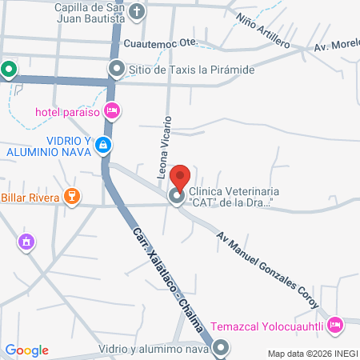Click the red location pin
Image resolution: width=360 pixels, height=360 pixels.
tap(181, 177)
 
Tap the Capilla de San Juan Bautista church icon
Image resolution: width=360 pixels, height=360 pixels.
tap(138, 11)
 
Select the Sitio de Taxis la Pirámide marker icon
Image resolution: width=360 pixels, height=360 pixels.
tap(118, 70)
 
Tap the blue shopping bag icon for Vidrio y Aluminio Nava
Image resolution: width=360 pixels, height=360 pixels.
tap(102, 145)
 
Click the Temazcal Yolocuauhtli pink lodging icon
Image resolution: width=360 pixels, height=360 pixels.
tap(335, 325)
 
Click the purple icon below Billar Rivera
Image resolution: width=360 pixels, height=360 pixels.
tap(26, 240)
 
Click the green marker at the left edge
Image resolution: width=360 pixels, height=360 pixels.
tap(8, 70)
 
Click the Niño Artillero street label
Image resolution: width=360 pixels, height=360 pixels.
tap(263, 28)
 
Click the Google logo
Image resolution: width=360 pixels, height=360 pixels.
tap(26, 350)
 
